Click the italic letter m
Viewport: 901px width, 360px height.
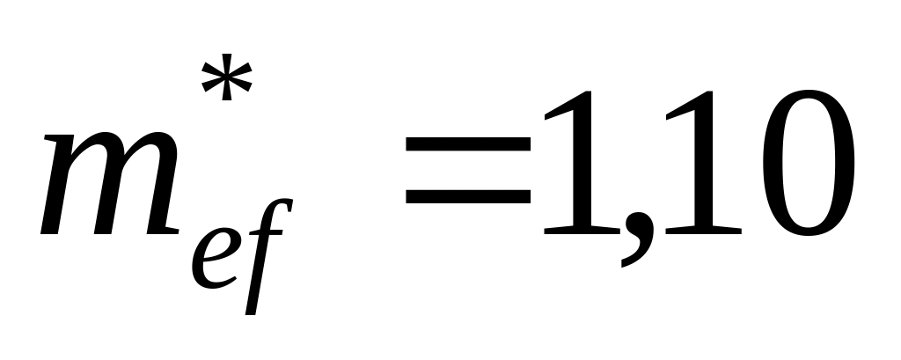tap(106, 185)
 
